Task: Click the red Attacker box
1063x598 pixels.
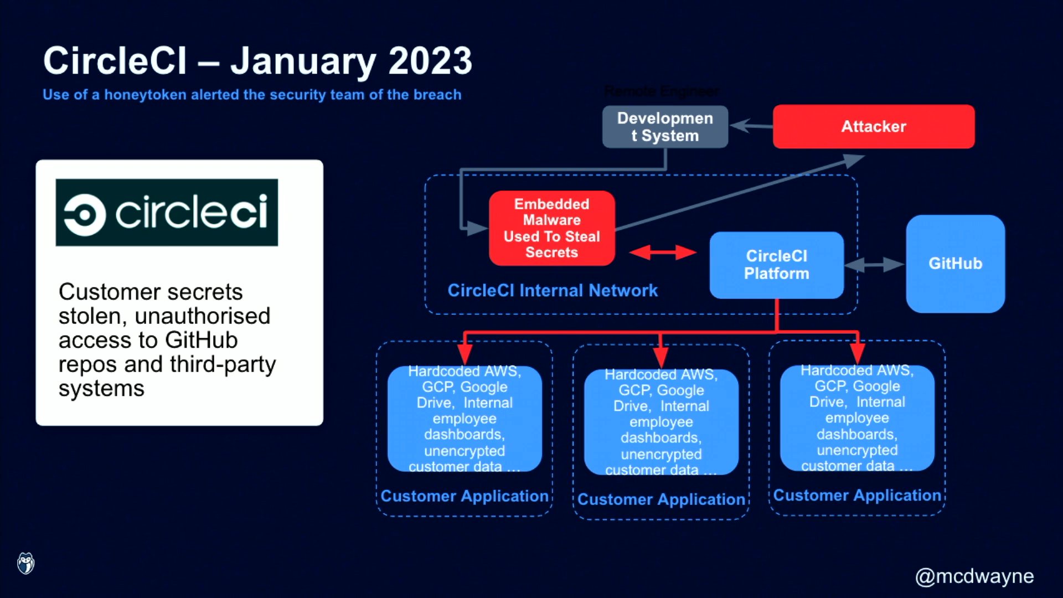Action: click(x=873, y=126)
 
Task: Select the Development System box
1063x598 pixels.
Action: click(x=665, y=127)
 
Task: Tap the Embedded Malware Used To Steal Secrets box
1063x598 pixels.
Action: click(x=551, y=228)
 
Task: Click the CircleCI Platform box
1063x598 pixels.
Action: click(x=776, y=265)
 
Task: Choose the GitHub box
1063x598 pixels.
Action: click(x=955, y=264)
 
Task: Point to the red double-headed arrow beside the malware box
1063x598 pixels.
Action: click(x=663, y=252)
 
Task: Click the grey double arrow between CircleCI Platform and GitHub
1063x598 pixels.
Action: click(x=875, y=265)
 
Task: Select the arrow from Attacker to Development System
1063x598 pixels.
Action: click(x=751, y=126)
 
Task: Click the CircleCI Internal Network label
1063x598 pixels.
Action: click(x=552, y=290)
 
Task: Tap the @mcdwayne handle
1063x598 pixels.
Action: click(x=974, y=576)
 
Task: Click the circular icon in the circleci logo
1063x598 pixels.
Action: click(x=85, y=215)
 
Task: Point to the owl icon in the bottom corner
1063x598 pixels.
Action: click(x=25, y=564)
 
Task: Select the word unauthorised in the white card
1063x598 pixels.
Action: click(x=202, y=316)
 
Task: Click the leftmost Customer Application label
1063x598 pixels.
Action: click(x=464, y=496)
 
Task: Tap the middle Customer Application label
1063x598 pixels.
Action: click(x=661, y=499)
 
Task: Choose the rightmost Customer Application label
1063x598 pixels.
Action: click(x=857, y=495)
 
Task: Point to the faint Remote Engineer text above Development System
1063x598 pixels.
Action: click(x=662, y=91)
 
